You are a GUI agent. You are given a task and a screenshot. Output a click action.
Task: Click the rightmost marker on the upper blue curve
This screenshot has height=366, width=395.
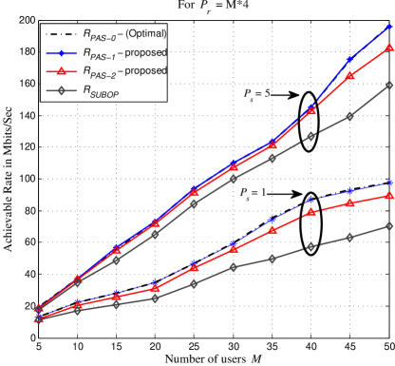click(x=389, y=27)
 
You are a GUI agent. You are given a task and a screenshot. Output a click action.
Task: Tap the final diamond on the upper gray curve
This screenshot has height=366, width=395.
click(x=389, y=86)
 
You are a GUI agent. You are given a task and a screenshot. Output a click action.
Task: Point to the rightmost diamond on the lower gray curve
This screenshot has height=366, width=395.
click(x=389, y=225)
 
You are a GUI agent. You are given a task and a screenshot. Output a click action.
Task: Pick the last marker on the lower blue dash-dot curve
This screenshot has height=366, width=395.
click(x=389, y=183)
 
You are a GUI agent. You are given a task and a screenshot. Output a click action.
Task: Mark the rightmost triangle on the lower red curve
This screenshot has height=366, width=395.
click(x=389, y=195)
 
